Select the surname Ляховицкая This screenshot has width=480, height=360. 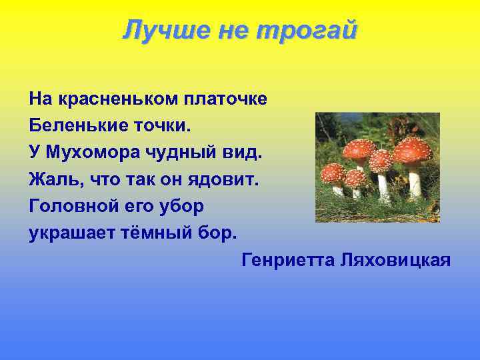point(395,259)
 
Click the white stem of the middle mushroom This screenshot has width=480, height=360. point(384,187)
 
